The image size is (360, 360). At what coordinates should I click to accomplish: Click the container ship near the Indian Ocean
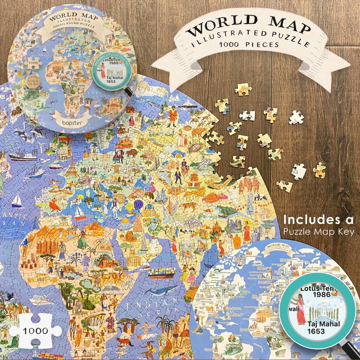pyautogui.click(x=162, y=272)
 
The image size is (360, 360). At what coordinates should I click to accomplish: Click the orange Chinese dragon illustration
pyautogui.click(x=192, y=193)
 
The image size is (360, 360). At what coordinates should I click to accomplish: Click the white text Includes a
pyautogui.click(x=319, y=219)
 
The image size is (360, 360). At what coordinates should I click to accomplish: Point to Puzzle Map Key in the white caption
pyautogui.click(x=319, y=231)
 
